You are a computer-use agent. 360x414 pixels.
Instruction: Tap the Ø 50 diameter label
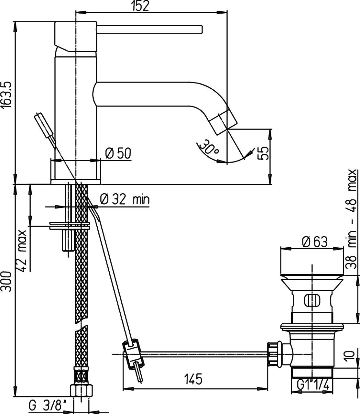point(118,153)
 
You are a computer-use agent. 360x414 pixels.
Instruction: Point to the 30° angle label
point(209,148)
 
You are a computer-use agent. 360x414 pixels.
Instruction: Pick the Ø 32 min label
point(125,200)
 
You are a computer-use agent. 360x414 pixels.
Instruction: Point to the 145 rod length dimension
point(193,379)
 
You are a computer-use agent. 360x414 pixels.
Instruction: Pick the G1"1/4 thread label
point(313,385)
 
